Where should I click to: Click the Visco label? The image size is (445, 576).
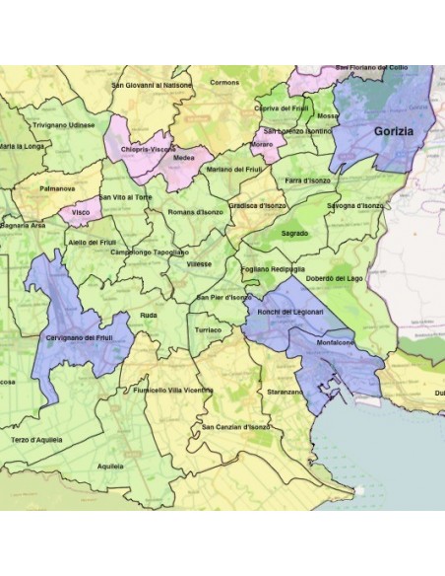[82, 212]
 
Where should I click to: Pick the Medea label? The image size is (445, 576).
[183, 157]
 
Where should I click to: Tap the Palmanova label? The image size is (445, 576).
[57, 187]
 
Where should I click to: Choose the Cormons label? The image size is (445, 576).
[224, 83]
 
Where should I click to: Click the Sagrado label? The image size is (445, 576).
[294, 234]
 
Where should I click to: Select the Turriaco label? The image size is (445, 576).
[209, 329]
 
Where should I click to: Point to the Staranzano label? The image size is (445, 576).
[285, 392]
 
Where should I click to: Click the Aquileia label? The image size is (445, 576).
[111, 465]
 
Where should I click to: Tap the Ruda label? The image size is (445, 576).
[149, 315]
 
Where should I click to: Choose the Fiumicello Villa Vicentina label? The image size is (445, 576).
[172, 391]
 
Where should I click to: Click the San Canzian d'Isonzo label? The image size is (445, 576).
[235, 427]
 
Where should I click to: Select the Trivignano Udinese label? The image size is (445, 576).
[64, 125]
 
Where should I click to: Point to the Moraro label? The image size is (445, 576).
[262, 144]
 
